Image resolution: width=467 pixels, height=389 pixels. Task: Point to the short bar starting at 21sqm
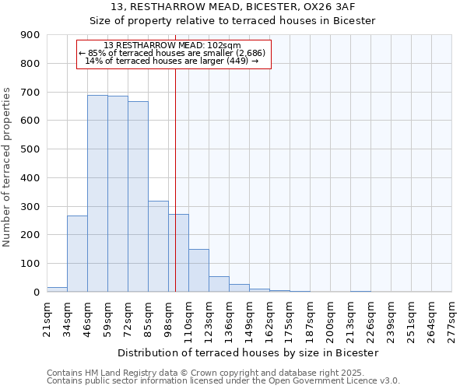(x=57, y=289)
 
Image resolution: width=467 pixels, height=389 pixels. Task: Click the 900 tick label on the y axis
(x=30, y=35)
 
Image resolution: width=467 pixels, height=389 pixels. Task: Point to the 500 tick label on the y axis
(x=30, y=149)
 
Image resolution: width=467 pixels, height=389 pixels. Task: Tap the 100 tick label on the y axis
(x=30, y=264)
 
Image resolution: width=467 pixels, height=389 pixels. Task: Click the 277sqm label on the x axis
(x=451, y=321)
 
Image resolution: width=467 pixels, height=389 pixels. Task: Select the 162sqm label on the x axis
(x=269, y=321)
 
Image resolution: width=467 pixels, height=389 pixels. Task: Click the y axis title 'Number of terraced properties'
(x=8, y=167)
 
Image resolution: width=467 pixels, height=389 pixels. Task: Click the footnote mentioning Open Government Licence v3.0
(x=223, y=381)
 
